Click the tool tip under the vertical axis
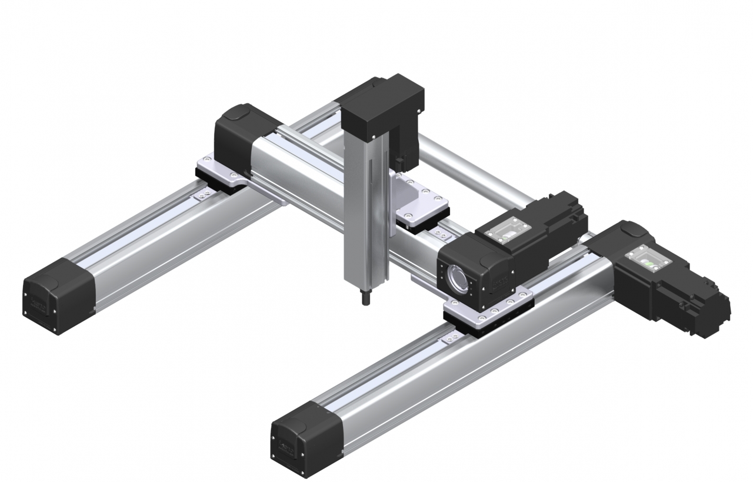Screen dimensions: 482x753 click(366, 297)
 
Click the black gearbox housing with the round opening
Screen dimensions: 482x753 click(477, 271)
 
